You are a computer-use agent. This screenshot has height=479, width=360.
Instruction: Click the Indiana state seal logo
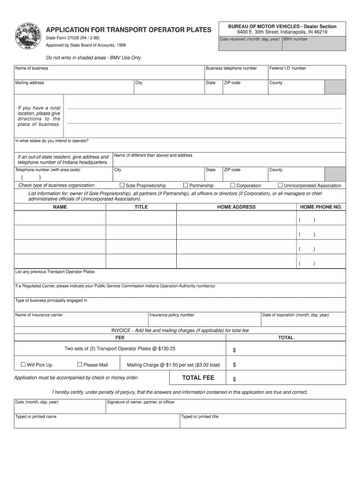[x=28, y=35]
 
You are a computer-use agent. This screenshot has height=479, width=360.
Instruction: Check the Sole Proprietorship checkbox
[x=122, y=185]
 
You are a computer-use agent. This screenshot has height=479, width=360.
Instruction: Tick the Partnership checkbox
[x=186, y=185]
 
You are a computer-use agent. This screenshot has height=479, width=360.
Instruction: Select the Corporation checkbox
[x=232, y=185]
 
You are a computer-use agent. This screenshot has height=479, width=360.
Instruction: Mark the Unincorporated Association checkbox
[x=281, y=185]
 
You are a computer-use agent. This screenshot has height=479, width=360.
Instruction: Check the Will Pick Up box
[x=23, y=364]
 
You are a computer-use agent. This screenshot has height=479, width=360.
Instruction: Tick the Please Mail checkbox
[x=79, y=364]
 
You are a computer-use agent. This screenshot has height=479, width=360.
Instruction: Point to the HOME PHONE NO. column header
[x=321, y=207]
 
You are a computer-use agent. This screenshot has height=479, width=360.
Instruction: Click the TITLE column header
[x=141, y=207]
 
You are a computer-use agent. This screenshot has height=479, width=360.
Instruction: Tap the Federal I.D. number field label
[x=288, y=68]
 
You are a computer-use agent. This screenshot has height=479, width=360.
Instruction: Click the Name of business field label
[x=32, y=68]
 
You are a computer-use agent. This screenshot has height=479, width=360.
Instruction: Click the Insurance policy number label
[x=172, y=315]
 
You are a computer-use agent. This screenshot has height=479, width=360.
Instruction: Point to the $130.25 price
[x=167, y=348]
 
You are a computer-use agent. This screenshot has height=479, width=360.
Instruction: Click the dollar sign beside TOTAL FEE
[x=235, y=379]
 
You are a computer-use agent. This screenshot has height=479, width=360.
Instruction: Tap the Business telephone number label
[x=231, y=68]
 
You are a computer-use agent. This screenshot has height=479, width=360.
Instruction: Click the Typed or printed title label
[x=200, y=416]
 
